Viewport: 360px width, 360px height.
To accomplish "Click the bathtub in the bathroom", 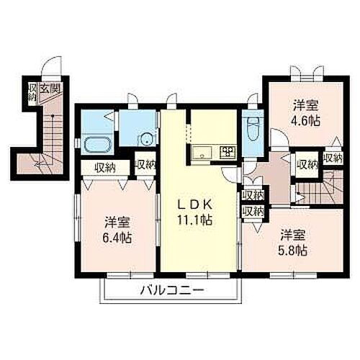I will click(94, 144).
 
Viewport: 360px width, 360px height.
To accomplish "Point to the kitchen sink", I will click(202, 151).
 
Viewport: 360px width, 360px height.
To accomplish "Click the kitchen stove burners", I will click(228, 151).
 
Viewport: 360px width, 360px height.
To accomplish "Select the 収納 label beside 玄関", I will click(32, 91).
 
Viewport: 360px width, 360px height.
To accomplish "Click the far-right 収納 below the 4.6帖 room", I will click(333, 158).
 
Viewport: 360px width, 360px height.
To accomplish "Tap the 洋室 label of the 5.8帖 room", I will click(293, 235).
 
